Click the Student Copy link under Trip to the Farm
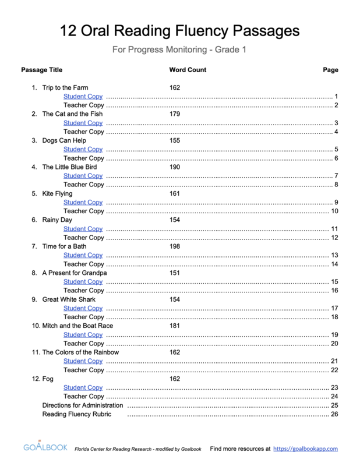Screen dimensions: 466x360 pos(83,96)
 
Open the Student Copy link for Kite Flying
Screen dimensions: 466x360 pos(83,202)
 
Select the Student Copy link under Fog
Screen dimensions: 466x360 pos(83,387)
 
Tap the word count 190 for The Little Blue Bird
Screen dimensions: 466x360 pos(175,167)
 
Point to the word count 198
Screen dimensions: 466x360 pos(175,246)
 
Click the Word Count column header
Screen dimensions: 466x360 pos(188,70)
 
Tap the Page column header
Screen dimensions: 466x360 pos(330,70)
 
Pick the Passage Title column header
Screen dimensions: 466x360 pos(42,70)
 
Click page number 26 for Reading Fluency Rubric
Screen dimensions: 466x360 pos(334,414)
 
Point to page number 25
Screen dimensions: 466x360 pos(334,405)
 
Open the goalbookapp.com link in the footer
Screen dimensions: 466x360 pos(305,449)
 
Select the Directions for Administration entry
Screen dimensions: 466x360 pos(83,405)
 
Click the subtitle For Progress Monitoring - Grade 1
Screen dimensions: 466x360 pos(179,50)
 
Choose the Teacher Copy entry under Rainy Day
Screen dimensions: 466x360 pos(83,238)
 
